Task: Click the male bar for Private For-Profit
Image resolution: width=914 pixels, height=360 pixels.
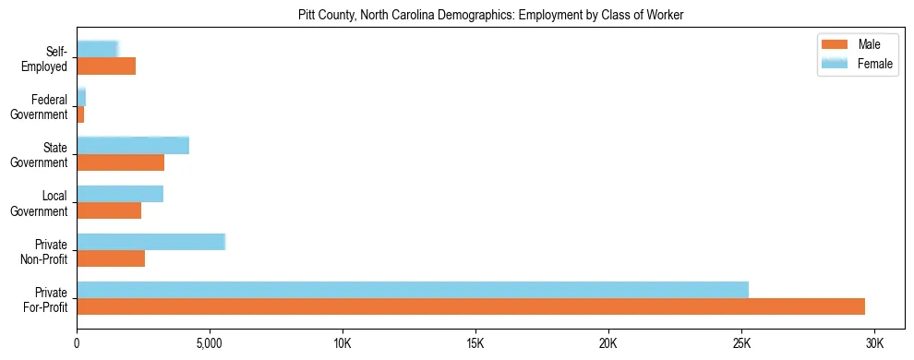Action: [471, 306]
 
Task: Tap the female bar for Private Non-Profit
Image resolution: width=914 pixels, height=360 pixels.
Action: [150, 242]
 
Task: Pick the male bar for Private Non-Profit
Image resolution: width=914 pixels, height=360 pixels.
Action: [111, 258]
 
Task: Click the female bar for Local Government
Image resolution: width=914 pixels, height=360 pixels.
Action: [120, 194]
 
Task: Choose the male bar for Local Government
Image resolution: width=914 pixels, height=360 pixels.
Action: [109, 210]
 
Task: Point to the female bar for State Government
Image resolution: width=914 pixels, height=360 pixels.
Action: [133, 145]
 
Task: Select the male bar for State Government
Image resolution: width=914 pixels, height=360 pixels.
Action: [120, 162]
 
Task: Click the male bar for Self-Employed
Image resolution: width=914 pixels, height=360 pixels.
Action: [106, 66]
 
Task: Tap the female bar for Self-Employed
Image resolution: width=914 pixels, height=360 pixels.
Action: [97, 49]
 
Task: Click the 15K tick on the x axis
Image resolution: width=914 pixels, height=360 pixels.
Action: [475, 344]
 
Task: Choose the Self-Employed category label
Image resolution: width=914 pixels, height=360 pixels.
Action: [47, 59]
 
